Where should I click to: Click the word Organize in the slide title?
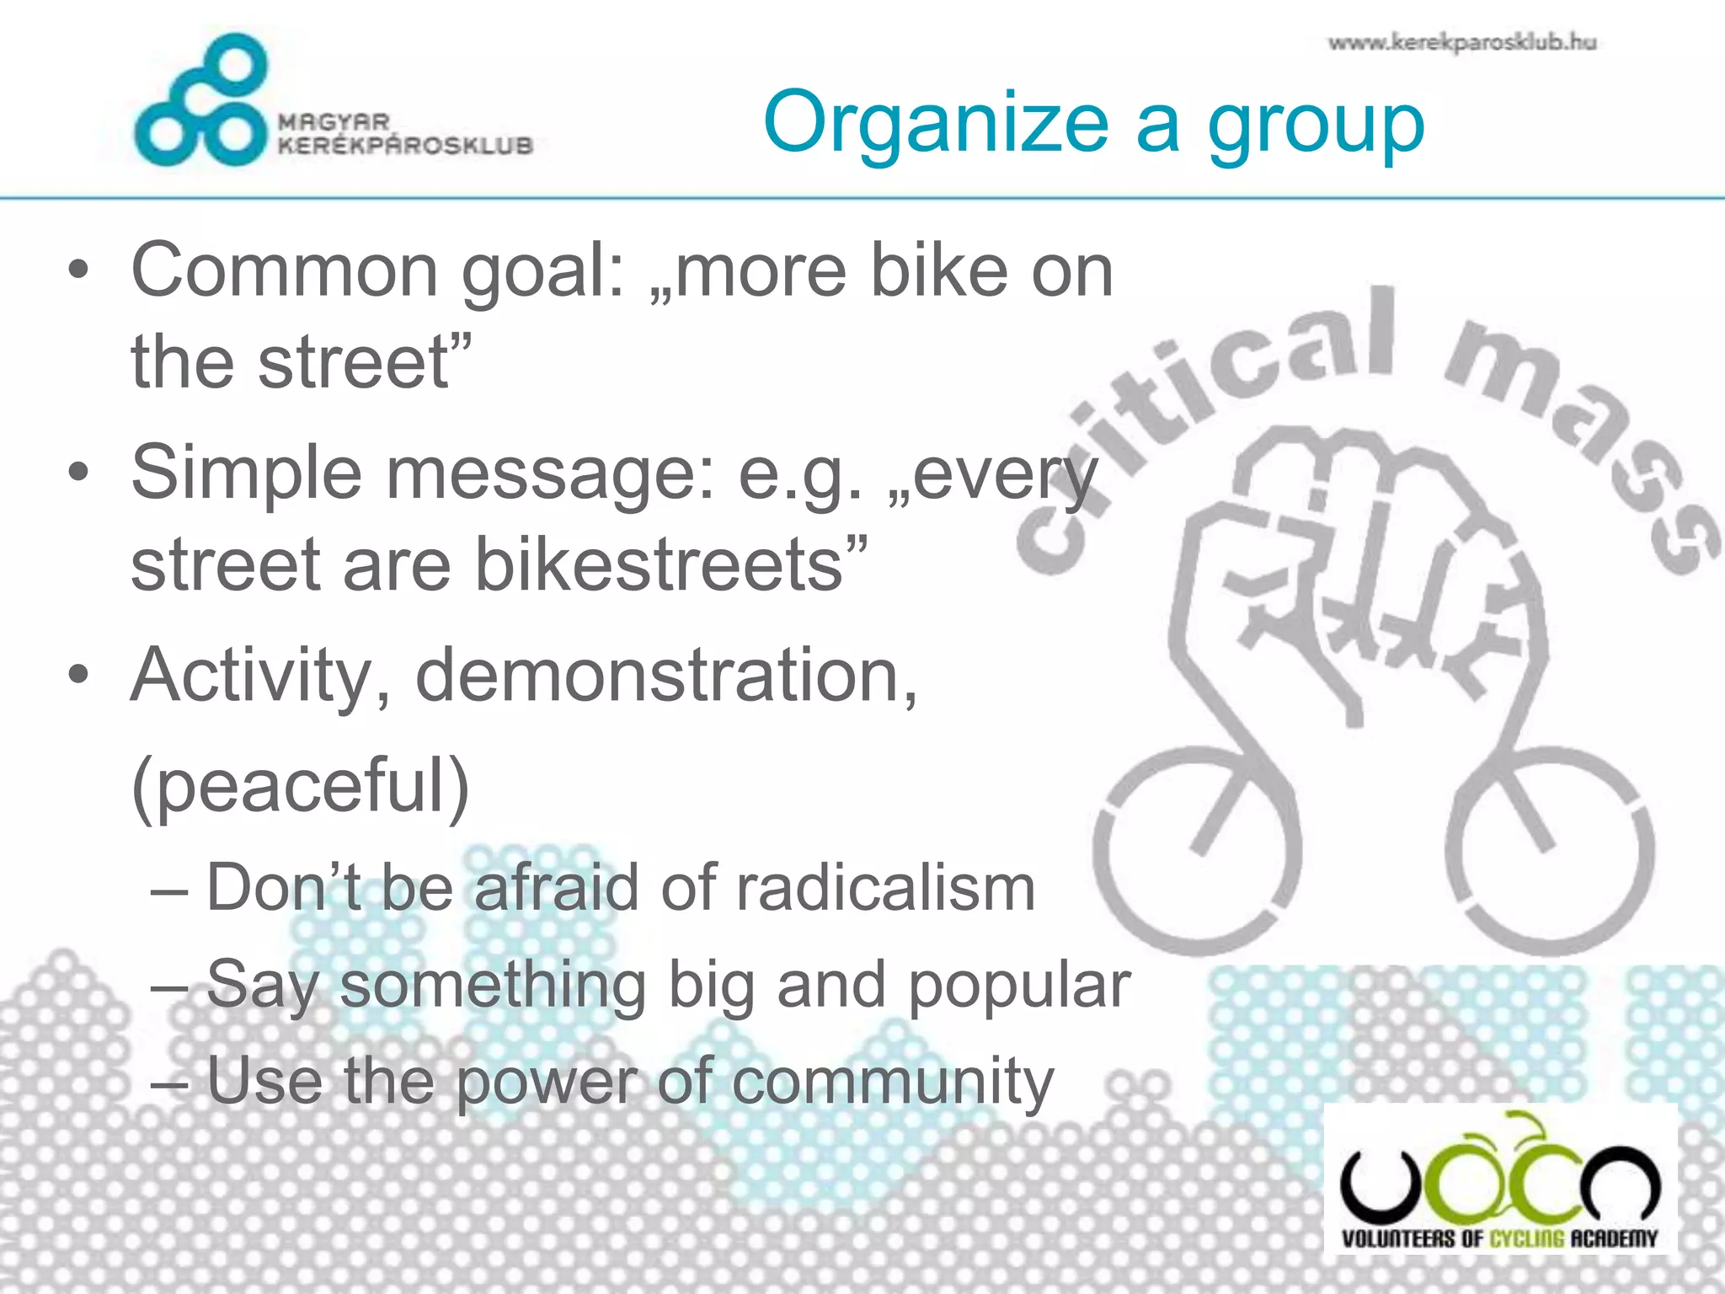pyautogui.click(x=936, y=125)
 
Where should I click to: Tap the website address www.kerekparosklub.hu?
pyautogui.click(x=1462, y=42)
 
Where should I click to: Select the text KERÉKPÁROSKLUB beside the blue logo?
pyautogui.click(x=405, y=146)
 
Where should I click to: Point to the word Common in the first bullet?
pyautogui.click(x=284, y=271)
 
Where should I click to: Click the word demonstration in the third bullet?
pyautogui.click(x=665, y=676)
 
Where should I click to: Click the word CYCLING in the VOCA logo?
pyautogui.click(x=1525, y=1238)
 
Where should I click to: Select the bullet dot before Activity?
pyautogui.click(x=78, y=676)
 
